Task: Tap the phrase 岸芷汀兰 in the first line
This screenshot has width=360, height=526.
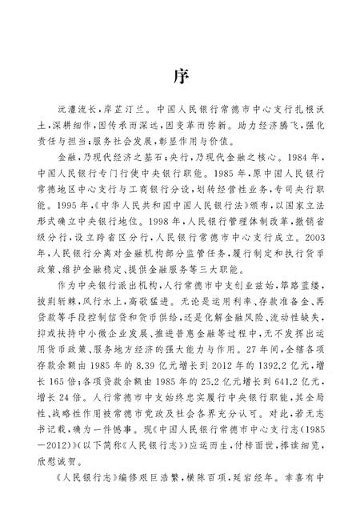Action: click(x=131, y=126)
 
